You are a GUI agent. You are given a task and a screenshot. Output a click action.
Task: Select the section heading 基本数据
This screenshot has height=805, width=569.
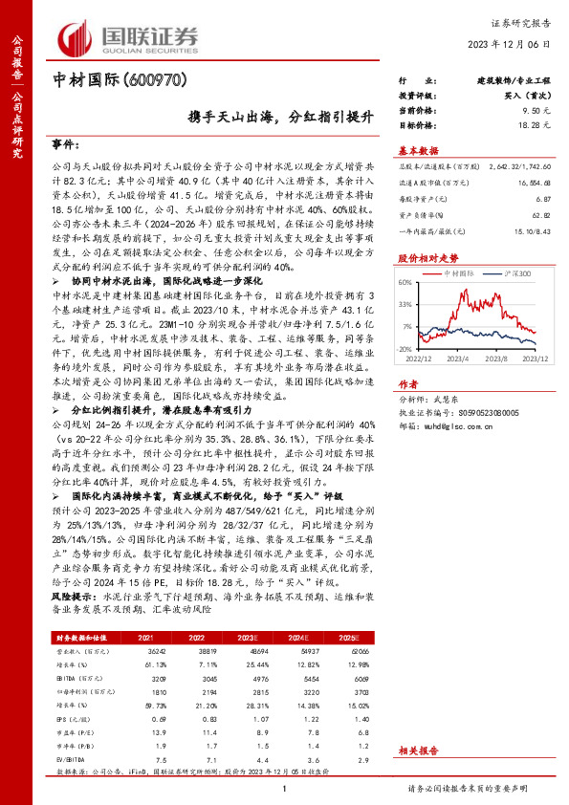[418, 151]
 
